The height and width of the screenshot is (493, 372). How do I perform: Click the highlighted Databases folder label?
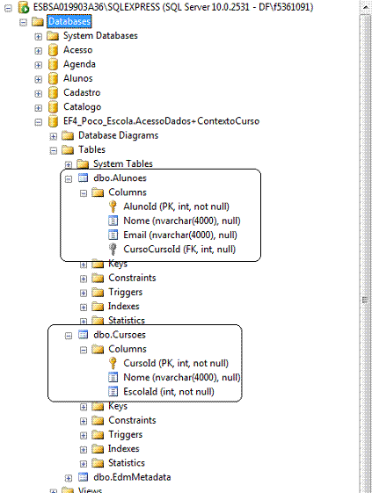coord(69,21)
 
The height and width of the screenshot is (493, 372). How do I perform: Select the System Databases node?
coord(100,35)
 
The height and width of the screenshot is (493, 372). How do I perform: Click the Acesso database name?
coord(77,50)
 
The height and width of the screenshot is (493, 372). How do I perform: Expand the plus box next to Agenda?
coord(39,65)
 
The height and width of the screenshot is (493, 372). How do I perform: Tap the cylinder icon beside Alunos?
coord(53,78)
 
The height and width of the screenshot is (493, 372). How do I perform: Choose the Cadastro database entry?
coord(82,92)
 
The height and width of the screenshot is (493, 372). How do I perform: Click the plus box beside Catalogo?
coord(39,108)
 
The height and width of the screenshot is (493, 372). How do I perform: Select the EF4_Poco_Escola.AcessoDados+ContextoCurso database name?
coord(161,121)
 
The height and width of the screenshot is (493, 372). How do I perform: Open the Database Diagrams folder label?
coord(118,135)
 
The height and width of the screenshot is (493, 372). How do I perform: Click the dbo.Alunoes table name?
coord(120,178)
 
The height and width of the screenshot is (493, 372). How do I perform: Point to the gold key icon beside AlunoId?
coord(113,207)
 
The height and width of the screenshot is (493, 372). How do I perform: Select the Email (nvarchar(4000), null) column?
coord(180,235)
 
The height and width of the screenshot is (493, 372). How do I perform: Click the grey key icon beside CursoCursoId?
coord(113,250)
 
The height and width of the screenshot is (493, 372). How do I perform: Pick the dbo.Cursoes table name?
coord(120,335)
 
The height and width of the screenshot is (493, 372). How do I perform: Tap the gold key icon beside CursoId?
coord(113,363)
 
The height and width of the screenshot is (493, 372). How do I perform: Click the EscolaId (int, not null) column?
coord(169,391)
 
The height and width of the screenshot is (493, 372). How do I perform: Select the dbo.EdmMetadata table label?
coord(132,477)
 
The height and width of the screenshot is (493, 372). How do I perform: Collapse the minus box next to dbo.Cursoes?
coord(69,336)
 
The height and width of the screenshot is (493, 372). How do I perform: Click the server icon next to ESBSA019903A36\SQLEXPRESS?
coord(24,7)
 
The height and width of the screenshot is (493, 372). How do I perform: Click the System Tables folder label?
coord(123,163)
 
